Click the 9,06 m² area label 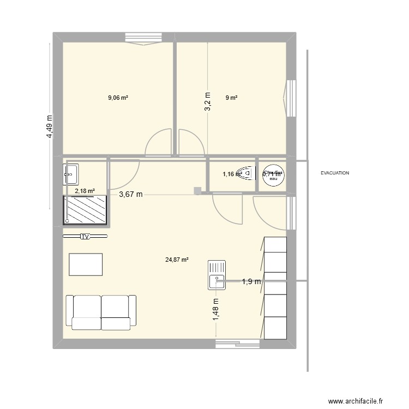(x=118, y=98)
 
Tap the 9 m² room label (x=232, y=98)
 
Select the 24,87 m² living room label (x=177, y=260)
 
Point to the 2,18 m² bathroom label (x=85, y=191)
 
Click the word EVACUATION (x=335, y=173)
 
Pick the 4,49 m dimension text (x=50, y=127)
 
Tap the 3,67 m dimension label (x=131, y=194)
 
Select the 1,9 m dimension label (x=252, y=281)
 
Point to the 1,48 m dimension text (x=215, y=312)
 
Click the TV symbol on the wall (x=85, y=237)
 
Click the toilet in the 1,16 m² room (x=248, y=174)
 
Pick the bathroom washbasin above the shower (x=71, y=174)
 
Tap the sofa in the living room (x=100, y=312)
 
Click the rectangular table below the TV (x=86, y=264)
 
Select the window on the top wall (x=144, y=38)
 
